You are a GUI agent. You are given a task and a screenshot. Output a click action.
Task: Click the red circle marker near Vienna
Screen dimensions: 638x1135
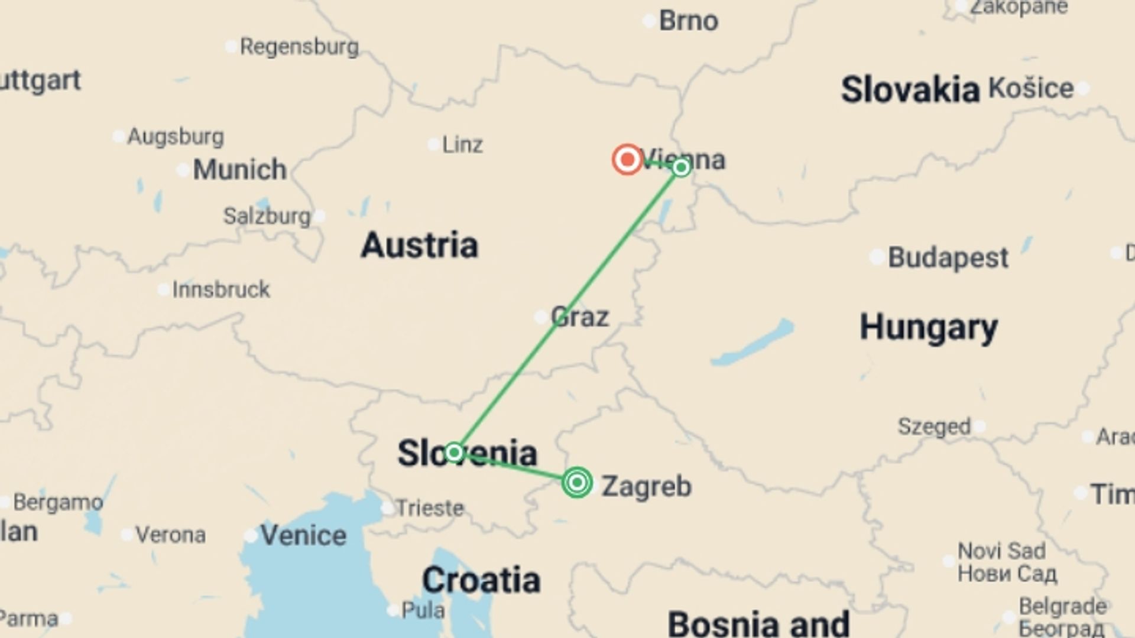point(627,159)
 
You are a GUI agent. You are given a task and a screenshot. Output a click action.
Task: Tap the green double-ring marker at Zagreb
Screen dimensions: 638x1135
point(577,483)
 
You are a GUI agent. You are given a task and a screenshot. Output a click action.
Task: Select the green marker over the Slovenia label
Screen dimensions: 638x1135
point(453,453)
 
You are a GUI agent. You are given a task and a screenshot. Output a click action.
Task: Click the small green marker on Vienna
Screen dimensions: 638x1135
point(681,168)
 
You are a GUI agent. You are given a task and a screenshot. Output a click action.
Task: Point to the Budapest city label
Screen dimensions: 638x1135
point(948,258)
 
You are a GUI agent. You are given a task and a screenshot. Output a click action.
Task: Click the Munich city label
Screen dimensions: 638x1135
point(239,170)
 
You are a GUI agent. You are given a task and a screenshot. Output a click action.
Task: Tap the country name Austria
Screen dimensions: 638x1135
point(419,245)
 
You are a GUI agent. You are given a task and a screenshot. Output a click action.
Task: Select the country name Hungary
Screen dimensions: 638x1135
point(928,328)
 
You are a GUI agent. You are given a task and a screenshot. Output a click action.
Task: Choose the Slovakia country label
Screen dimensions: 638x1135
point(910,90)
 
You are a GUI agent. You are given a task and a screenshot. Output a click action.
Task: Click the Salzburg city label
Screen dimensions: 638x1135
point(267,216)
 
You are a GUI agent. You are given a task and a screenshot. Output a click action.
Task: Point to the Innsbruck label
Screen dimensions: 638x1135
point(221,289)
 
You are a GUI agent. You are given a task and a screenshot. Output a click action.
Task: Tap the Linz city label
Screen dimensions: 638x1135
point(462,145)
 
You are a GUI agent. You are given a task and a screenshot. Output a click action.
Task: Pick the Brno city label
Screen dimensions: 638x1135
point(689,21)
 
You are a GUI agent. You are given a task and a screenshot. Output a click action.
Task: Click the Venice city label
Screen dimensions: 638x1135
point(303,535)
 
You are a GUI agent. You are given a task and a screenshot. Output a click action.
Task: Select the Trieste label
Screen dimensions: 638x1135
point(430,508)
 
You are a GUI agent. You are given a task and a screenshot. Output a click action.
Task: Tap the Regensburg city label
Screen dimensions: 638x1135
point(299,47)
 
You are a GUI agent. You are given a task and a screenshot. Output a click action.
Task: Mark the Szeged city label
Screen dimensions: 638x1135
point(934,426)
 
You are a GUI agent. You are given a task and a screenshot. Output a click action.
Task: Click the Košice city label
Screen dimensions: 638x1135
point(1031,89)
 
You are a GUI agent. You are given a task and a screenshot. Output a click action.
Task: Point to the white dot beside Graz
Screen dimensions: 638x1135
point(540,317)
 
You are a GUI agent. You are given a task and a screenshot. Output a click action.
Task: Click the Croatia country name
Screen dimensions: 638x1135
point(481,580)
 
